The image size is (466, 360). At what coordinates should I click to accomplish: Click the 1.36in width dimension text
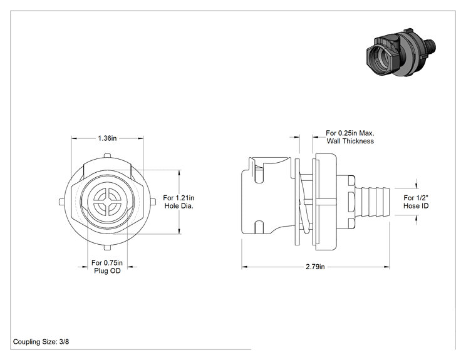pos(107,138)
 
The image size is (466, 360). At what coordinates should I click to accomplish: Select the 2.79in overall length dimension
pos(315,267)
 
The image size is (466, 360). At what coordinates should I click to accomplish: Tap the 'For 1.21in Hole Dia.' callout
pos(179,202)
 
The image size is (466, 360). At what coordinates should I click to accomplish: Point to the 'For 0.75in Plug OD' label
pos(107,267)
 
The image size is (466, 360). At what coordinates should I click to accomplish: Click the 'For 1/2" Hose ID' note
pos(416,202)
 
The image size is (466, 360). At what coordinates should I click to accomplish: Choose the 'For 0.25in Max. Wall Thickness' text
pos(350,137)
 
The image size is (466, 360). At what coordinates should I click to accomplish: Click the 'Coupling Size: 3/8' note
pos(41,342)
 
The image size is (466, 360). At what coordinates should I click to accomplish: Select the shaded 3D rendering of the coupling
pos(401,52)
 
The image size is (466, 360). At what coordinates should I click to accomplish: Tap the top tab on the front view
pos(107,156)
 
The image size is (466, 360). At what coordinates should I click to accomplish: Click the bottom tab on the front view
pos(107,247)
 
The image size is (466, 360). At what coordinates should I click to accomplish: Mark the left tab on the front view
pos(61,202)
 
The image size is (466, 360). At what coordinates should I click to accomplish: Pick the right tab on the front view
pos(153,202)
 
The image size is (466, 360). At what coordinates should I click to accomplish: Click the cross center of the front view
pos(107,202)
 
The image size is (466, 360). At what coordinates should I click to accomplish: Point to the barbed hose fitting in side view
pos(372,202)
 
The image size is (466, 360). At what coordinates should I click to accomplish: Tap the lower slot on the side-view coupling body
pos(259,227)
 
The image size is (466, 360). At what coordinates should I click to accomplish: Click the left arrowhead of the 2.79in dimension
pos(244,267)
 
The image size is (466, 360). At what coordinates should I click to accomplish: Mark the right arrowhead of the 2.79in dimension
pos(386,267)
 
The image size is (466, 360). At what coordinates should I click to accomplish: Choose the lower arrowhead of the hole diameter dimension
pos(179,231)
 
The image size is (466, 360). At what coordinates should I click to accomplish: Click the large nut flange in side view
pos(325,202)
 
